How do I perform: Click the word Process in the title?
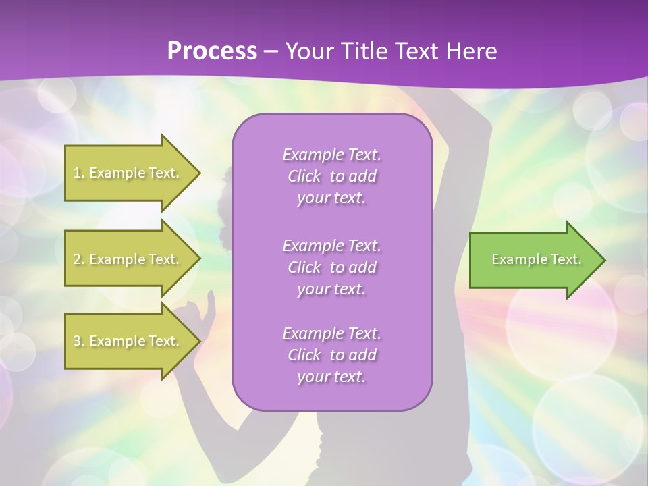coord(212,51)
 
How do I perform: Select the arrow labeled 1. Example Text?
coord(128,173)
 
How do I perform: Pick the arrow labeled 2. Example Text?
coord(128,259)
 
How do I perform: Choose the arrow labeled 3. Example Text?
coord(128,341)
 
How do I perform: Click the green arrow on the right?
coord(533,259)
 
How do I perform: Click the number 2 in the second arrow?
coord(77,259)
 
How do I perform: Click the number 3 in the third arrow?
coord(77,341)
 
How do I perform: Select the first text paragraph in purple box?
coord(331,176)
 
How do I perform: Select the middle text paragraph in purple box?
coord(331,267)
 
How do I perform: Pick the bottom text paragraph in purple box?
coord(331,355)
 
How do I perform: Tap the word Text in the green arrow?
coord(565,259)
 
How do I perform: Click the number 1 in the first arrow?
coord(77,173)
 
